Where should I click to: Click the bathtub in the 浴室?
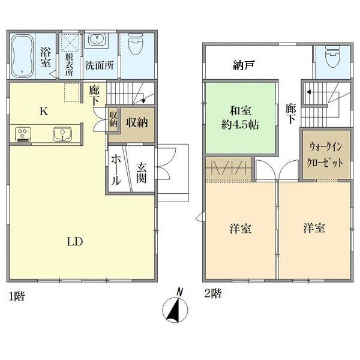(22, 56)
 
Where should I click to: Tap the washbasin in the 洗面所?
(97, 40)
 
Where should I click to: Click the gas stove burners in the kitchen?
(23, 134)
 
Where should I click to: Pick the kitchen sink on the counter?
(62, 134)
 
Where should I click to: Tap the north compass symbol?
(175, 306)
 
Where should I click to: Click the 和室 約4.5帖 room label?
(240, 118)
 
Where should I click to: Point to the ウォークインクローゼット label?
(326, 155)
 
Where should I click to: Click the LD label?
(75, 242)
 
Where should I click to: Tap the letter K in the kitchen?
(44, 112)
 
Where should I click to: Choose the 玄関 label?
(141, 173)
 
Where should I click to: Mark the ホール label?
(116, 170)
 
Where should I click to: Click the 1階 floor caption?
(16, 296)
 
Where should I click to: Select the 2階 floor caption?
(213, 293)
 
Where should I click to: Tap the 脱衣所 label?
(69, 65)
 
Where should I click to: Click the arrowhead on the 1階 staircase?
(144, 100)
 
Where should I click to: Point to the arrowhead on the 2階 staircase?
(309, 92)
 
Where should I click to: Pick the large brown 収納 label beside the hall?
(137, 122)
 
